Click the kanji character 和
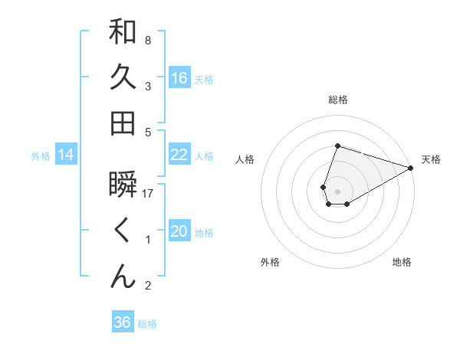[123, 32]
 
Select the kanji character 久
[123, 77]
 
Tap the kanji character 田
[123, 123]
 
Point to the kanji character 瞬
[123, 185]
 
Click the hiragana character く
[123, 231]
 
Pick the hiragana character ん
[123, 276]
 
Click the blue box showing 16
[179, 77]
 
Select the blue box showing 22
[179, 155]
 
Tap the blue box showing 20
[179, 231]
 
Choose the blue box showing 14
[66, 155]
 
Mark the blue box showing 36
[122, 322]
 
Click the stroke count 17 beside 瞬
[148, 194]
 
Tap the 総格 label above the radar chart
[337, 100]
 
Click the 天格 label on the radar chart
[431, 159]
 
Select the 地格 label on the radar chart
[402, 262]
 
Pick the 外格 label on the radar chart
[270, 262]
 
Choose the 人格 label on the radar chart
[245, 159]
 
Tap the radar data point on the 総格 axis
[337, 146]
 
